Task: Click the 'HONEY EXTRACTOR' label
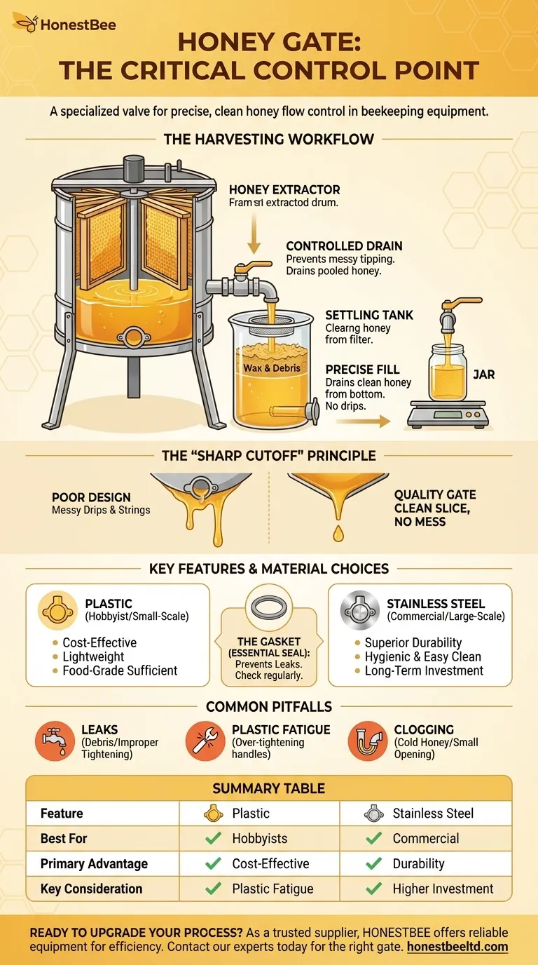284,190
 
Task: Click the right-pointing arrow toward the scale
361,421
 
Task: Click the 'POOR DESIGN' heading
90,497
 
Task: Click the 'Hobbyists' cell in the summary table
261,838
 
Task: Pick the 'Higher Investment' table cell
443,889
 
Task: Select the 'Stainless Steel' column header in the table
433,814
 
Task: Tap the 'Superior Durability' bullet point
413,642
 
